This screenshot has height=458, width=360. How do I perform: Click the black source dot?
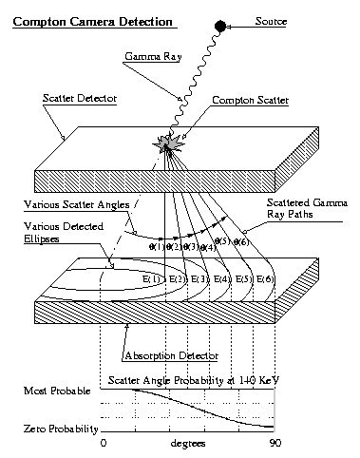[x=220, y=25]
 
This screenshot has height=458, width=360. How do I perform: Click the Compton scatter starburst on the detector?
[x=170, y=145]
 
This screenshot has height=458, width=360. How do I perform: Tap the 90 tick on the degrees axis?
[x=275, y=444]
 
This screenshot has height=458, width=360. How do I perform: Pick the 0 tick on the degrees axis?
[x=103, y=444]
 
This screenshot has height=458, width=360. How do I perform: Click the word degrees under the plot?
[x=187, y=444]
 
